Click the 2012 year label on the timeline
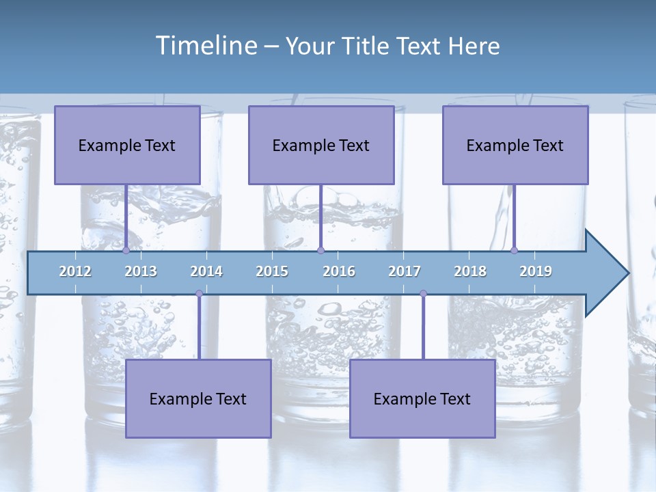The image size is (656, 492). [x=75, y=271]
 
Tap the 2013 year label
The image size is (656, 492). [x=141, y=271]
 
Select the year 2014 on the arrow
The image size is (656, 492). [x=206, y=271]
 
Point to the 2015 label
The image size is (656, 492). [x=272, y=271]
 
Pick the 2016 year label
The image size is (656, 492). [x=339, y=271]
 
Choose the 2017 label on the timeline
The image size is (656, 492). [x=405, y=271]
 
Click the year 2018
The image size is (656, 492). [x=470, y=271]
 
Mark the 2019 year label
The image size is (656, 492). [x=536, y=271]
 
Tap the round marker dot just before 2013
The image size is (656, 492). [x=126, y=250]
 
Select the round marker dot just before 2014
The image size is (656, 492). [x=199, y=294]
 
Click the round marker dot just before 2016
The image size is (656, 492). [x=320, y=250]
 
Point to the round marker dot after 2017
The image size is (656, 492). [x=423, y=294]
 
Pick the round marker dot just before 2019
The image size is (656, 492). [x=514, y=250]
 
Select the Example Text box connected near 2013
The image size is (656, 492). [x=127, y=145]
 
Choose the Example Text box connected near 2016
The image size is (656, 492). [x=321, y=145]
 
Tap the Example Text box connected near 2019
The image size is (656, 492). [x=515, y=145]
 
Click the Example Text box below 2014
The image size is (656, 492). [x=198, y=398]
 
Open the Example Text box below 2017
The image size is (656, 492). [x=422, y=398]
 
